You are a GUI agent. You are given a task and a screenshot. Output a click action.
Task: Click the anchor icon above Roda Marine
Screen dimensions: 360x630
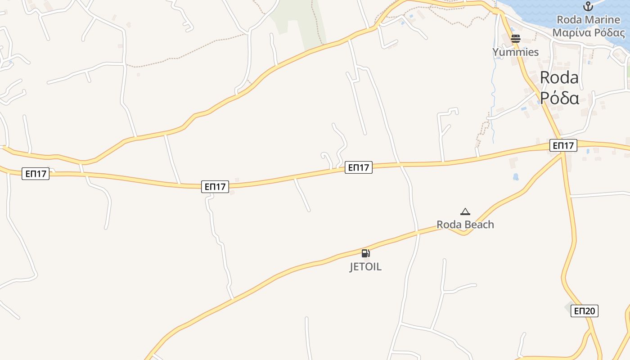click(588, 6)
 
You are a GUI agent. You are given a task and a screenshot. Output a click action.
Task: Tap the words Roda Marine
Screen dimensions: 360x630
click(588, 20)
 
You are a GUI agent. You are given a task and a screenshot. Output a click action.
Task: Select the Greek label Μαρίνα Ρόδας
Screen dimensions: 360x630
click(588, 33)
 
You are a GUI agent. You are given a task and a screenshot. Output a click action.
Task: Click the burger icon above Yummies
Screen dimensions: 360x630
click(516, 39)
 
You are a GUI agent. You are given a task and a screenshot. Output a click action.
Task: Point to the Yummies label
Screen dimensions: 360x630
click(516, 52)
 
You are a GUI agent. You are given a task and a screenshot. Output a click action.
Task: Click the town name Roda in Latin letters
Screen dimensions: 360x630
click(559, 77)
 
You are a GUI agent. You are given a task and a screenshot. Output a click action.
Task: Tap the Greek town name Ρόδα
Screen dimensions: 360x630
click(559, 97)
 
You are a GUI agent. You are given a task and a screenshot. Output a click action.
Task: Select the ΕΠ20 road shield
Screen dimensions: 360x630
click(584, 310)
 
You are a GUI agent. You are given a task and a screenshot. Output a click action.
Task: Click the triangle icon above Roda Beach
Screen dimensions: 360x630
click(465, 211)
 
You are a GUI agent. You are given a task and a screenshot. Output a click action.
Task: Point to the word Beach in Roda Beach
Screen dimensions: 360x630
click(479, 225)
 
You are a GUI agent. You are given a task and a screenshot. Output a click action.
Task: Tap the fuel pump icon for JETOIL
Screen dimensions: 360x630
click(365, 253)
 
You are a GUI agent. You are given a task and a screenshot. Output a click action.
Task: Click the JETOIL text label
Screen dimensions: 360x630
click(365, 267)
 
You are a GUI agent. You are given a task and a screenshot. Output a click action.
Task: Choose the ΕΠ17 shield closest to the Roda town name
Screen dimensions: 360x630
click(563, 145)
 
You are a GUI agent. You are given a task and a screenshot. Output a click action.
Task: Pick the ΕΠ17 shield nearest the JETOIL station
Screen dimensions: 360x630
click(359, 168)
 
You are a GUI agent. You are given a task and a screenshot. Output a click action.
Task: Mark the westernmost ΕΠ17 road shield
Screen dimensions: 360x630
click(36, 174)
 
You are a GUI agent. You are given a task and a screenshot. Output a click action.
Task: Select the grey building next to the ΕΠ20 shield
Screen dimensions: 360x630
click(570, 307)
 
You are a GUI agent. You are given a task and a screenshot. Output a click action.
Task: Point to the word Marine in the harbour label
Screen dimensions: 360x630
click(604, 20)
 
